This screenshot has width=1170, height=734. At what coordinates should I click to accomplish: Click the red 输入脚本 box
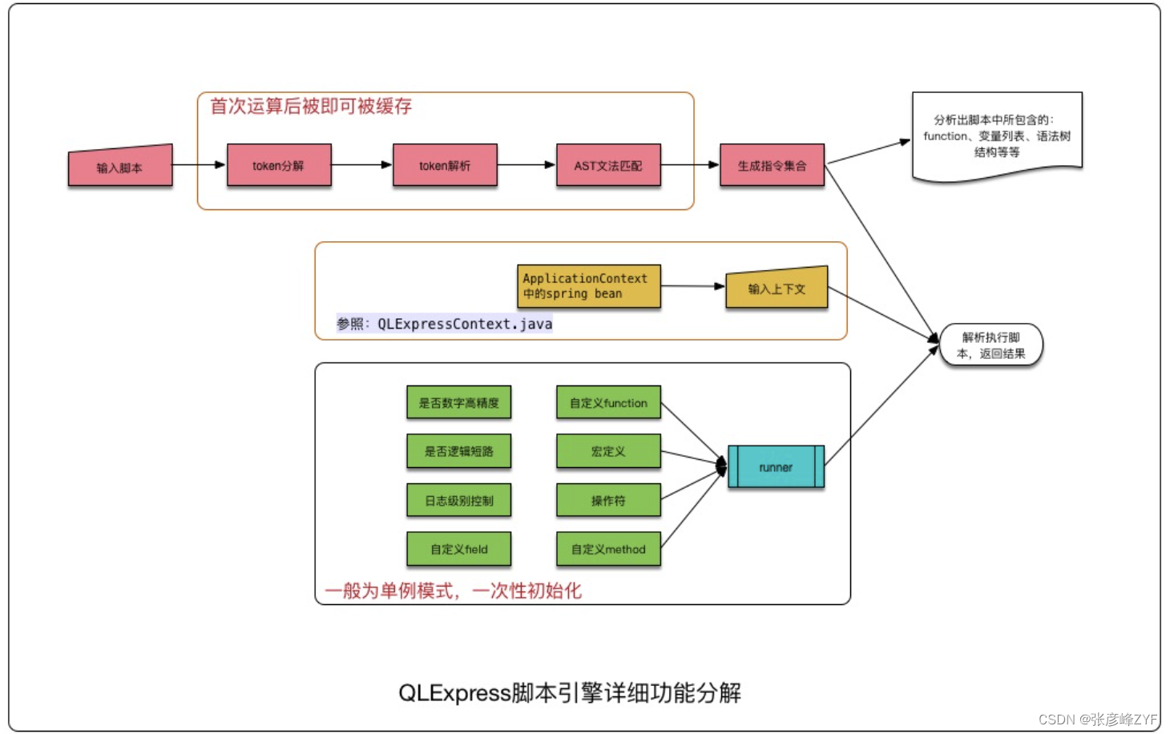click(x=120, y=166)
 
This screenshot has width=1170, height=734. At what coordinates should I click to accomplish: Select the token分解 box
click(x=279, y=165)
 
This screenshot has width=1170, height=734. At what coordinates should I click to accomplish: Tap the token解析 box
click(x=445, y=165)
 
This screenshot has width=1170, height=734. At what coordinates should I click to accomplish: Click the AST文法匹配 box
click(x=608, y=165)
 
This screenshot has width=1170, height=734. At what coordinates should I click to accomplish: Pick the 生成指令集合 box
click(x=772, y=165)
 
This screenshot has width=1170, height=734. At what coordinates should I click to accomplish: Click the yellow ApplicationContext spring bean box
click(x=589, y=286)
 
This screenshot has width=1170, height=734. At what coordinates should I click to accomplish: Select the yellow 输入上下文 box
click(x=777, y=288)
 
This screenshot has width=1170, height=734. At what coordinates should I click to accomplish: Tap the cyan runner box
click(x=776, y=467)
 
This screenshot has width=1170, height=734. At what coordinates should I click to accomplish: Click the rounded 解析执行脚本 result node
click(x=991, y=345)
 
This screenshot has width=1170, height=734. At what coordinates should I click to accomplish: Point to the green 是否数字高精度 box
click(x=458, y=402)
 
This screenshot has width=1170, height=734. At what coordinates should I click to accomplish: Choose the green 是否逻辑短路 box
click(x=458, y=451)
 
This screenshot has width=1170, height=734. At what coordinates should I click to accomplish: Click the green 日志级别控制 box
click(x=458, y=500)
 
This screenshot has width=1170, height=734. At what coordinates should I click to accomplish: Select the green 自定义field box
click(x=458, y=549)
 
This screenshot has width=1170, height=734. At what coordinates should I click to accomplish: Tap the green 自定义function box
click(x=608, y=402)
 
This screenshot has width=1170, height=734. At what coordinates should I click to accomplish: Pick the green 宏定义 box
click(x=608, y=451)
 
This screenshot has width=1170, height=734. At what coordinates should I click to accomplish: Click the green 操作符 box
click(x=608, y=500)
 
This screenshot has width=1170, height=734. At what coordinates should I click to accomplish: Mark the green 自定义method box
click(x=608, y=549)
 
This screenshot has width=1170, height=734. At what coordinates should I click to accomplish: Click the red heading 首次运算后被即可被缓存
click(x=311, y=106)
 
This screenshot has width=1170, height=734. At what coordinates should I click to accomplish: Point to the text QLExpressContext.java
click(x=465, y=324)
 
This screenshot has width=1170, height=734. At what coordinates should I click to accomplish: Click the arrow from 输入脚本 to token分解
click(x=199, y=165)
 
